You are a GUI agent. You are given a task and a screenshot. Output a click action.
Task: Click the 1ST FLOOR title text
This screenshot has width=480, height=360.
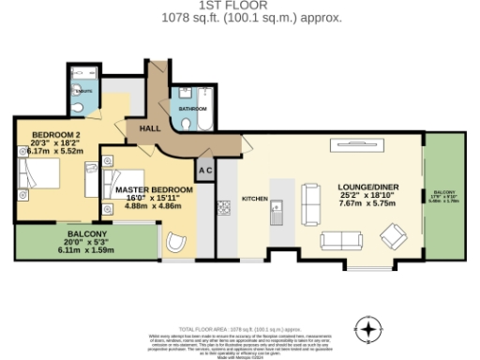tap(239, 5)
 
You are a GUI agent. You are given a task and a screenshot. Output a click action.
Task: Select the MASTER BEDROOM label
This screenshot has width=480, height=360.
tap(155, 190)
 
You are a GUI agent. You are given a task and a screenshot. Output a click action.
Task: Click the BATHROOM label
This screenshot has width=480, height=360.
tap(193, 109)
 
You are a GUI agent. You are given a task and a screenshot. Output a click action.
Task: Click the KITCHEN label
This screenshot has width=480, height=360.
tap(255, 199)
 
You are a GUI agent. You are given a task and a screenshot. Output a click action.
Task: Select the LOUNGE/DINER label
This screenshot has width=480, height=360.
tap(368, 187)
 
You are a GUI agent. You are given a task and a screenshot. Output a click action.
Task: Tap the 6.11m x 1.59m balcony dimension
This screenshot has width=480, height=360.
tap(85, 250)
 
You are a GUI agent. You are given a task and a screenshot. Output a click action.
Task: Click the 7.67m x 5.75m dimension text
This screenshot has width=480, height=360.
tap(368, 203)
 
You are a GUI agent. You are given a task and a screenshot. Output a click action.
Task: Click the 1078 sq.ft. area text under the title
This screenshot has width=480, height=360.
tap(239, 17)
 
